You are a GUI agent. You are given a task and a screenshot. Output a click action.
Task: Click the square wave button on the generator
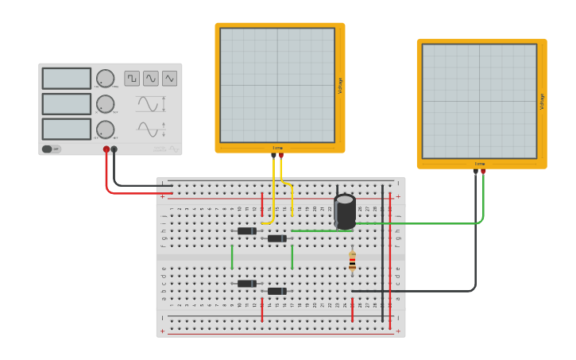[132, 78]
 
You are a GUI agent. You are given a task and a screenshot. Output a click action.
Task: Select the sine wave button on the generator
[151, 78]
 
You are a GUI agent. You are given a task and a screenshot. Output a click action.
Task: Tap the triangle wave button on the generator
[169, 78]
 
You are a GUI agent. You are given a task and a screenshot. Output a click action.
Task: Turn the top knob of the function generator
[105, 79]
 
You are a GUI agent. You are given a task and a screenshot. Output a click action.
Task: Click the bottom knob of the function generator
[105, 130]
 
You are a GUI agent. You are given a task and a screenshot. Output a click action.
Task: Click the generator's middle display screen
[67, 104]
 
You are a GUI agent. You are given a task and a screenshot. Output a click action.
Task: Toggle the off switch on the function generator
[48, 149]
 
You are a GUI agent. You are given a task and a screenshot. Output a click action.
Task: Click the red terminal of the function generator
[106, 149]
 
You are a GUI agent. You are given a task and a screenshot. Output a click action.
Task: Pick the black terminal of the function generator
[114, 149]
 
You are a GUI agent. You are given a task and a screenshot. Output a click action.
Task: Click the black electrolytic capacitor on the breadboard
[345, 211]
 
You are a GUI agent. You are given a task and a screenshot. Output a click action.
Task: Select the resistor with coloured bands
[352, 261]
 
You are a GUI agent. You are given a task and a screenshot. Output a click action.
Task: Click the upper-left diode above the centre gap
[247, 231]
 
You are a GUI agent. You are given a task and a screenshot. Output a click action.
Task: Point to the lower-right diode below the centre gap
[276, 291]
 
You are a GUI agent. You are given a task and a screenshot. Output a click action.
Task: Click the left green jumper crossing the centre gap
[232, 257]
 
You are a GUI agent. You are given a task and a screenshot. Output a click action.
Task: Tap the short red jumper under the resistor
[352, 308]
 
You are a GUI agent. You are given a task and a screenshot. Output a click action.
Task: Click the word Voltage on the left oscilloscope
[341, 86]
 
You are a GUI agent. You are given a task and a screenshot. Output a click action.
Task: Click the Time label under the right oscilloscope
[480, 164]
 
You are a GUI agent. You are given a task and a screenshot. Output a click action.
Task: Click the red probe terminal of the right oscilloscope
[483, 171]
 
